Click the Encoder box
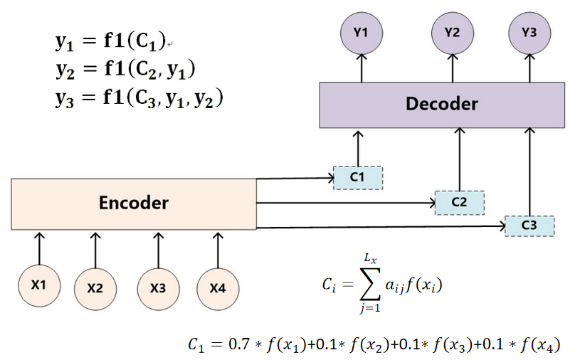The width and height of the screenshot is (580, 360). [x=134, y=203]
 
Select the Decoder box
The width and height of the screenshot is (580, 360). [x=441, y=104]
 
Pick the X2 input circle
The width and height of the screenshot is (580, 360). [x=95, y=288]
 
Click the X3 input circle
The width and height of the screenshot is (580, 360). [x=158, y=288]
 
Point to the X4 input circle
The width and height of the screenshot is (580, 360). [x=218, y=288]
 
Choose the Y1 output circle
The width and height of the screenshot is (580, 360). [x=361, y=32]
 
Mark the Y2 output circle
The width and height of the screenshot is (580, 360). [x=452, y=32]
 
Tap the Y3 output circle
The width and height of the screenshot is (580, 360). [x=529, y=32]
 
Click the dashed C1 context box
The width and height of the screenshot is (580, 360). [x=358, y=176]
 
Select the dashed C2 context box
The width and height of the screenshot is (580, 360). [x=459, y=202]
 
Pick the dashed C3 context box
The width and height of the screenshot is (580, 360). [x=529, y=225]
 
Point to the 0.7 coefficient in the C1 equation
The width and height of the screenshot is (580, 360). [x=237, y=345]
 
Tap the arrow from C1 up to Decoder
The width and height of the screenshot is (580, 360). [x=358, y=148]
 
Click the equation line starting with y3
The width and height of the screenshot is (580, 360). [x=139, y=98]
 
